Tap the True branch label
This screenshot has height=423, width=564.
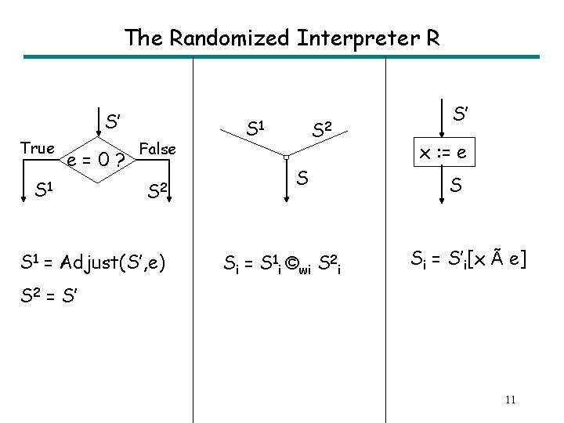38,148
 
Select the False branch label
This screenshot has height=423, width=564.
157,148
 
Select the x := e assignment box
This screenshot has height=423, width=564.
444,153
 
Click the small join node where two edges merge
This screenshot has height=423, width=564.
287,157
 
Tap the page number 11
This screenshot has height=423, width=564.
510,400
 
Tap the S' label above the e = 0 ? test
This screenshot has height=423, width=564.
113,121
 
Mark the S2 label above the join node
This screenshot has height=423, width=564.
322,128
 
